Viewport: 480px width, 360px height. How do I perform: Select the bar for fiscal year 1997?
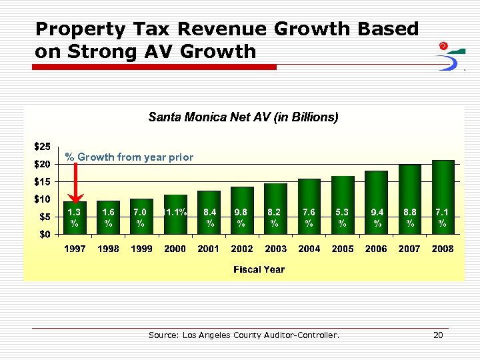tap(75, 217)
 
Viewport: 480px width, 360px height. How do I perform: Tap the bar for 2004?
tap(309, 206)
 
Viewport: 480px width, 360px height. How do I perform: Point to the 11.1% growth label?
tap(175, 212)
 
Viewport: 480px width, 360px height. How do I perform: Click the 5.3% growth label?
tap(343, 217)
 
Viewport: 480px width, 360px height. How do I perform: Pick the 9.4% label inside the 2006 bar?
tap(377, 217)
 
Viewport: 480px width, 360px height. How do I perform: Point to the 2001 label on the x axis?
tap(209, 249)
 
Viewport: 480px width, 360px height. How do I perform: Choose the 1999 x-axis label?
tap(141, 249)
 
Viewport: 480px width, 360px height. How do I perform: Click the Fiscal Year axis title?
tap(259, 269)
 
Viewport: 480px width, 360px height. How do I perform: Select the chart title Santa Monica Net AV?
tap(243, 117)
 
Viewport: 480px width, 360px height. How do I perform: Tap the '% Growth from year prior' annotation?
tap(129, 157)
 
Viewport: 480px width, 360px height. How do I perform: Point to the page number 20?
tap(438, 335)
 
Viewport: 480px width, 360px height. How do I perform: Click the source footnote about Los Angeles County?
tap(243, 335)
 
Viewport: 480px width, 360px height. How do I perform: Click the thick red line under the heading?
tap(155, 67)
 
